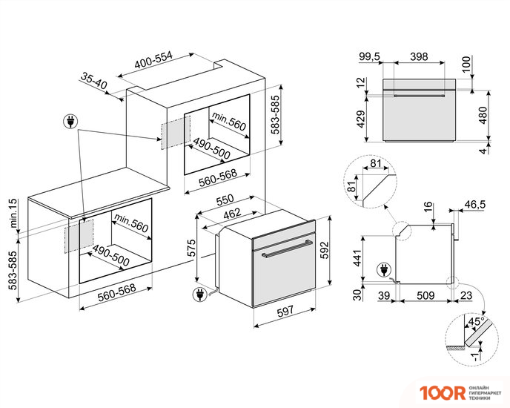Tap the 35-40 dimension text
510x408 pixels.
(x=94, y=82)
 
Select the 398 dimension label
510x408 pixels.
(x=419, y=56)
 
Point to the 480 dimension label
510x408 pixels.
(x=483, y=115)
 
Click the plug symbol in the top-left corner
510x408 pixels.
(x=70, y=120)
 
